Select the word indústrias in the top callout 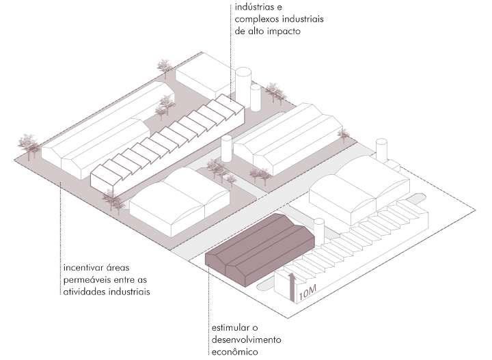point(256,8)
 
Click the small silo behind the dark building point(318,229)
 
